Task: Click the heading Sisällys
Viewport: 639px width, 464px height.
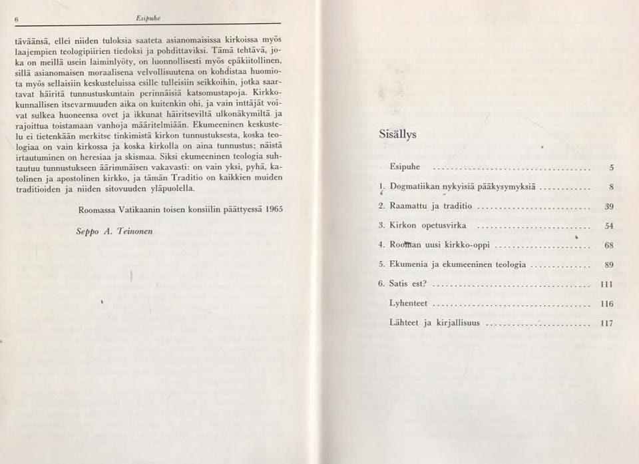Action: (x=397, y=133)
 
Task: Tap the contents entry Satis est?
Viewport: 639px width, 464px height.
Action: (x=408, y=284)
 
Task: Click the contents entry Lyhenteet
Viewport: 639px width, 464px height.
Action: (x=409, y=304)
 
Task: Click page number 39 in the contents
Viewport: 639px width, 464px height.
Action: (x=608, y=207)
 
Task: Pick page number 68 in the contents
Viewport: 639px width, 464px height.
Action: (x=608, y=246)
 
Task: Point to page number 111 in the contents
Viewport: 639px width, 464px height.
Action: (x=606, y=284)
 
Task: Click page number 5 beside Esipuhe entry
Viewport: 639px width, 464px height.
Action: (x=610, y=168)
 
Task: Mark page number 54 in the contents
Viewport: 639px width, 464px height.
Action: (x=608, y=226)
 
